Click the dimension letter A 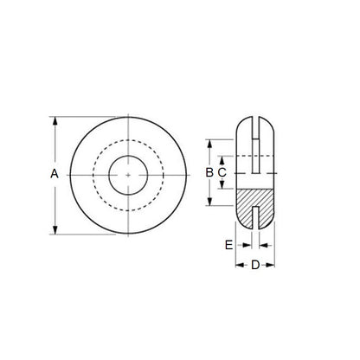tap(55, 174)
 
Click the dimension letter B tap(209, 173)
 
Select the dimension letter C tap(222, 173)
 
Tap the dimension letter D tap(255, 264)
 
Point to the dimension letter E tap(228, 246)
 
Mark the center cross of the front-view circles tap(128, 174)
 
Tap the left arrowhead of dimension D tap(240, 264)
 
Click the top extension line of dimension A tap(87, 117)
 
